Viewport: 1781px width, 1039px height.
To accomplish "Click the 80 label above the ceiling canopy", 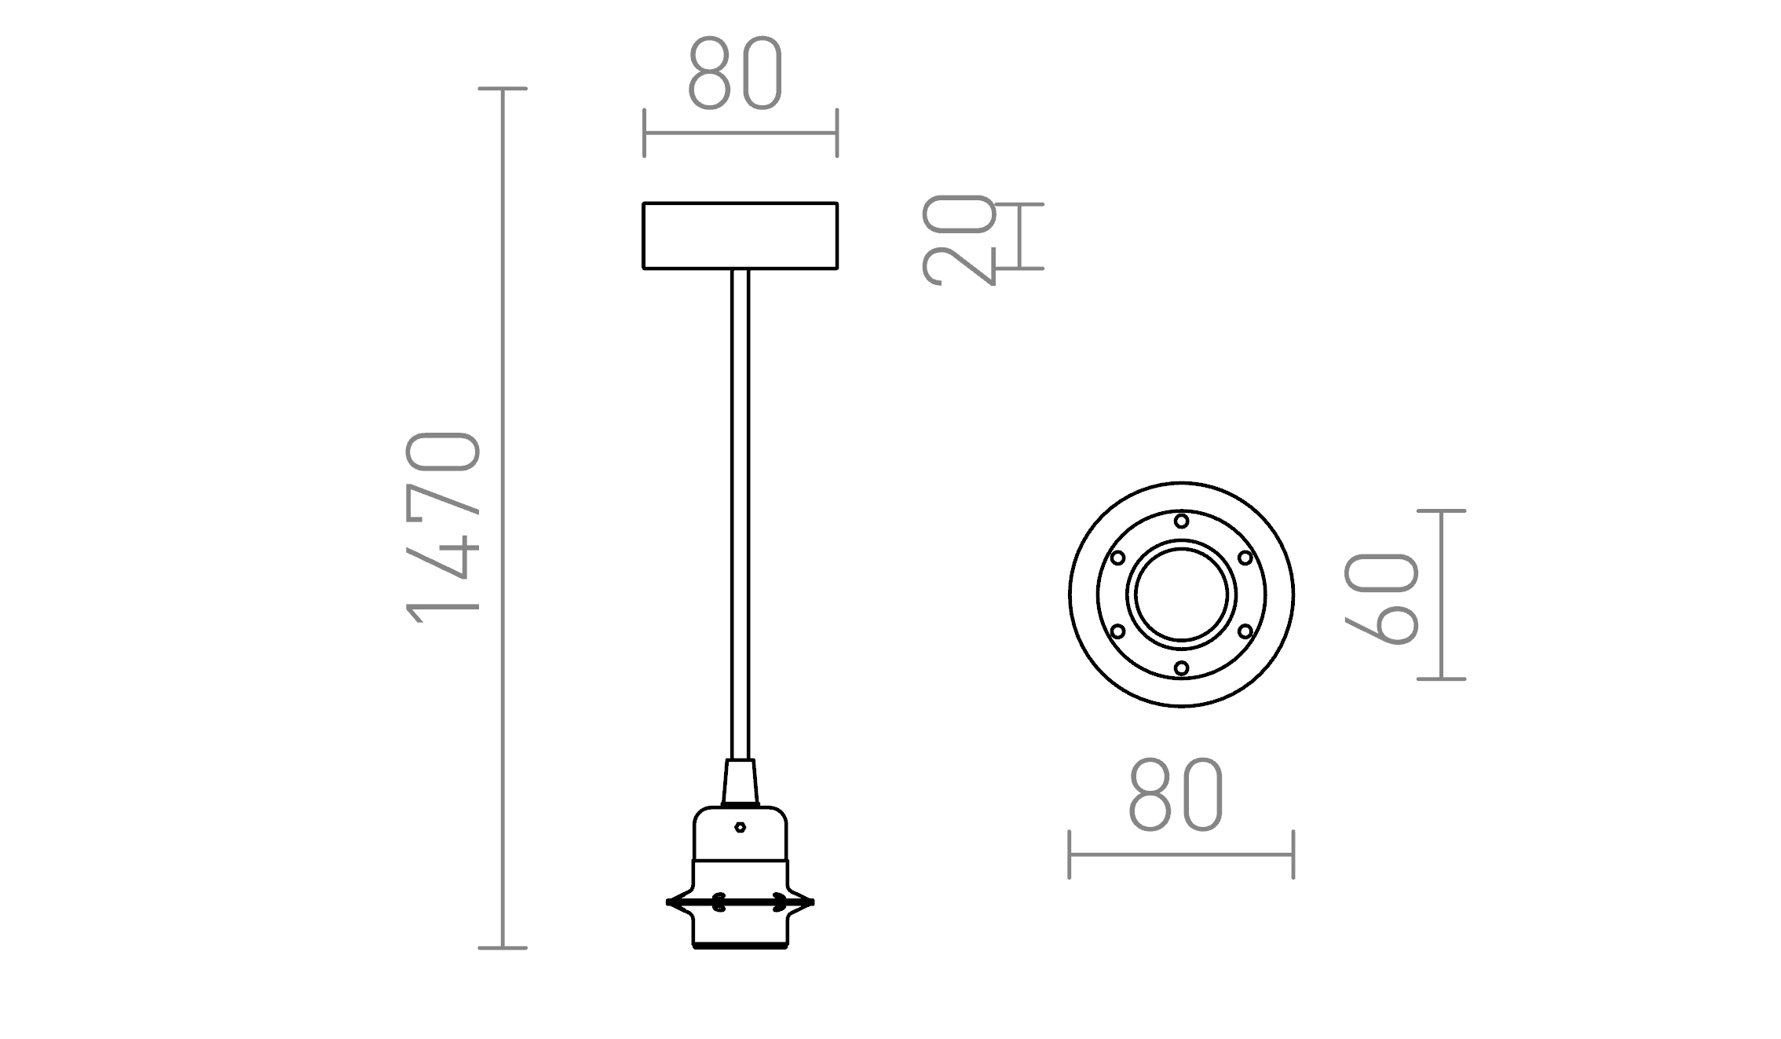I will coord(736,73).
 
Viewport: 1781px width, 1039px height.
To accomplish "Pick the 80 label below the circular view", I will coord(1176,795).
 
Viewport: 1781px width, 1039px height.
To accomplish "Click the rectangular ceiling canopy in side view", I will coord(740,236).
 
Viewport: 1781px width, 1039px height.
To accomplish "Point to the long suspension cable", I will coord(740,510).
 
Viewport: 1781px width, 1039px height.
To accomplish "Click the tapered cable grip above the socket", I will coord(740,782).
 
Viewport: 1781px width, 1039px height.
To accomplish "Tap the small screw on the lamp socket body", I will coord(740,827).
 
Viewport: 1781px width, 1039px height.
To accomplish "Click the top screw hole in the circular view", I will coord(1181,521).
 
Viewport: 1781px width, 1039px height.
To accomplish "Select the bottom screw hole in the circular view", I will coord(1181,668).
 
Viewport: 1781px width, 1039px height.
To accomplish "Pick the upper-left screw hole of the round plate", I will coord(1117,558).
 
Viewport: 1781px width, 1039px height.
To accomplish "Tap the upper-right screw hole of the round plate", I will coord(1245,558).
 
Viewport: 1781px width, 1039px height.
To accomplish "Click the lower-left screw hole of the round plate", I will coord(1117,631).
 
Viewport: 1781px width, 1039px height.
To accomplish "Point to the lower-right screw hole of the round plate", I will coord(1245,631).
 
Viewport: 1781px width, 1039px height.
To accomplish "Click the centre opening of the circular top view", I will coord(1181,594).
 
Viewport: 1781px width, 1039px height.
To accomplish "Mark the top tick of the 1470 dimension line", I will coord(503,89).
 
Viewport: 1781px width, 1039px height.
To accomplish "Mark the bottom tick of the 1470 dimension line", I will coord(503,948).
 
